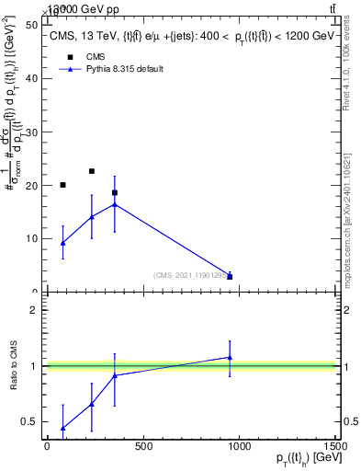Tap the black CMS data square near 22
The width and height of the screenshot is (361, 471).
[x=92, y=171]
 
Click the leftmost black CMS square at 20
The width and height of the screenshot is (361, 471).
[x=62, y=185]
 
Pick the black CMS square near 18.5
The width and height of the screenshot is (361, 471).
[x=114, y=193]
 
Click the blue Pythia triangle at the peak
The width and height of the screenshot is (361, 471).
[x=114, y=204]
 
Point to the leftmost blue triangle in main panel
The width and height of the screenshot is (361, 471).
[x=62, y=243]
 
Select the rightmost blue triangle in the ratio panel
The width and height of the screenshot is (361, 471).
[x=230, y=357]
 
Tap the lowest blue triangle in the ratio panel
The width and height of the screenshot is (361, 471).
[x=62, y=428]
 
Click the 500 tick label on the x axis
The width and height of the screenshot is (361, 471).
[x=142, y=447]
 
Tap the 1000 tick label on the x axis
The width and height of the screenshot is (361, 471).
[x=239, y=447]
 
